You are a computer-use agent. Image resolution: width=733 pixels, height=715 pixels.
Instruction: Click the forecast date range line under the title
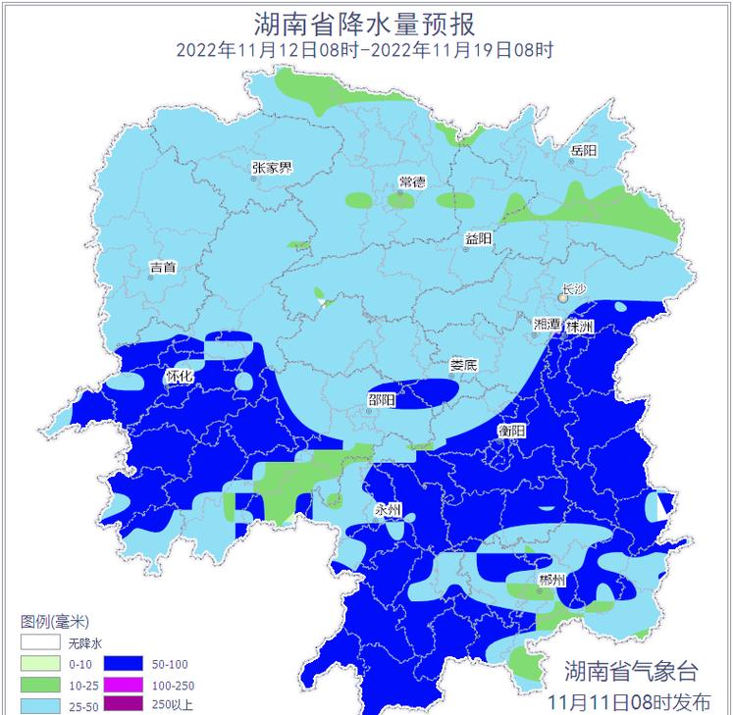pos(365,50)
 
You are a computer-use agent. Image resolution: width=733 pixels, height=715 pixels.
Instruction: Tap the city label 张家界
pos(272,168)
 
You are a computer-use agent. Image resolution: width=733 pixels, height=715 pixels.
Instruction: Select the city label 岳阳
pos(583,151)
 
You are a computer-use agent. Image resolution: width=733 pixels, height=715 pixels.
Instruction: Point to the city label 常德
pos(412,182)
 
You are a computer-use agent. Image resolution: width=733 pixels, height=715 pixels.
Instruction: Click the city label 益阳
pos(478,239)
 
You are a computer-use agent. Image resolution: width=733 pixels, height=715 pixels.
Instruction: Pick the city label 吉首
pos(163,267)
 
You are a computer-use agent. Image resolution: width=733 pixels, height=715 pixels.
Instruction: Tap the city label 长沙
pos(572,291)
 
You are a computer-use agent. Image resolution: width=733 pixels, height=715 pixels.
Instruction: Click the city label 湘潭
pos(547,325)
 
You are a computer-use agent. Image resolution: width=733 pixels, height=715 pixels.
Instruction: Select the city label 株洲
pos(580,327)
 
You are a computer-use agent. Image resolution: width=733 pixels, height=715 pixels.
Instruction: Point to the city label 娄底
pos(463,365)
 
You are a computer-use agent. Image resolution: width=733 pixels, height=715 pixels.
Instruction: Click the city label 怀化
pos(180,376)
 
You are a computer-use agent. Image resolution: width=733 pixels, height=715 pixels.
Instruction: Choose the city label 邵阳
pos(382,399)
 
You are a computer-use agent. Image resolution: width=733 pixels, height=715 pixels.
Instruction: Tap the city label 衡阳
pos(511,431)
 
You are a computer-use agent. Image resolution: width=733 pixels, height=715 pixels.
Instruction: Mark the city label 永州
pos(388,510)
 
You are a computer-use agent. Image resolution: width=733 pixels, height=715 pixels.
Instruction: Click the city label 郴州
pos(551,581)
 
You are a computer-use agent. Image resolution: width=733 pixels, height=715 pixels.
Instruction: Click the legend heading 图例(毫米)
pos(55,622)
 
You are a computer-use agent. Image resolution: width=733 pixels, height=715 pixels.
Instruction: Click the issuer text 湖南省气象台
pos(630,672)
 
